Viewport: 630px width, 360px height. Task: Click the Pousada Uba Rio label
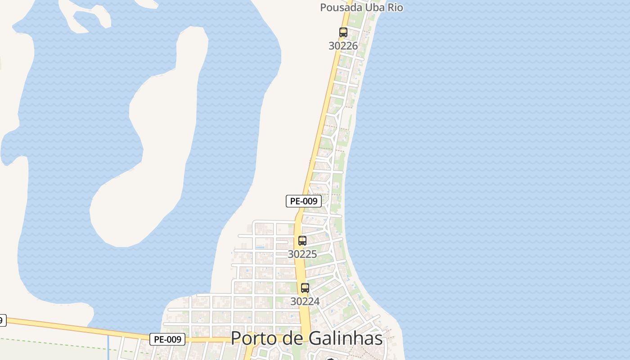coord(361,8)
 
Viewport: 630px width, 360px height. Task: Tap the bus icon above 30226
coord(343,32)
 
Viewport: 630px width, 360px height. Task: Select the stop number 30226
coord(343,45)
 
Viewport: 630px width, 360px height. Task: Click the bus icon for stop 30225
coord(302,241)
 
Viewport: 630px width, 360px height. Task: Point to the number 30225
coord(302,254)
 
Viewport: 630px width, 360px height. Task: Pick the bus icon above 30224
coord(305,288)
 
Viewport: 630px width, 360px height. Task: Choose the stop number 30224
coord(305,301)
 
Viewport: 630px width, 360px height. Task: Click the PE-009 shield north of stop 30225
coord(304,201)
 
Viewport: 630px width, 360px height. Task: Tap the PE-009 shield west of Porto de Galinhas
coord(167,339)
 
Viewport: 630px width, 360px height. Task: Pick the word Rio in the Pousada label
coord(394,8)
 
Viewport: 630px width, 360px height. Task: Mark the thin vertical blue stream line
coord(108,347)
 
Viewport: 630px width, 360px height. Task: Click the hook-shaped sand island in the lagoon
coord(144,148)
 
